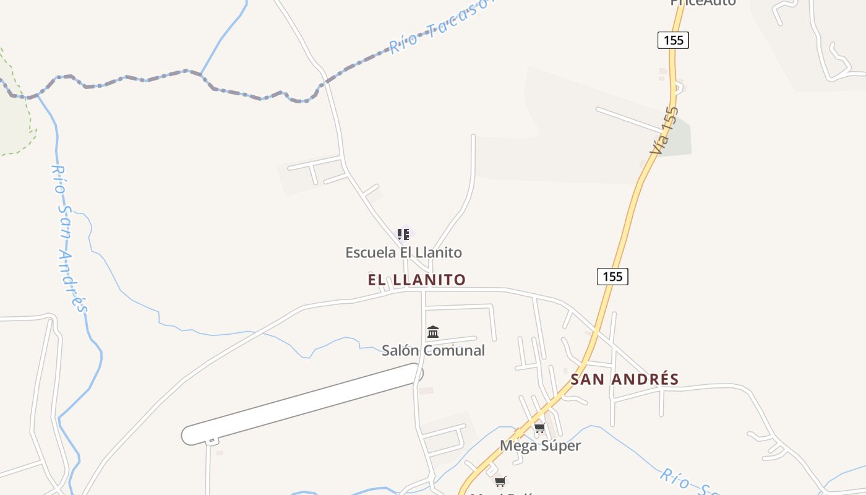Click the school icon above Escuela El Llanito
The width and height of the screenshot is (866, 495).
click(x=403, y=235)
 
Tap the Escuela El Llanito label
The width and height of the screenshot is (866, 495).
click(x=403, y=252)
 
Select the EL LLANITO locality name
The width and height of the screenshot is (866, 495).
click(x=416, y=280)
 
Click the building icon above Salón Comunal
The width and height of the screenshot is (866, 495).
click(x=433, y=332)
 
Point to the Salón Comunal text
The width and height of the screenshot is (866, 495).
click(x=433, y=351)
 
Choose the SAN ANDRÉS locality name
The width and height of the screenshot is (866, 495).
click(x=624, y=379)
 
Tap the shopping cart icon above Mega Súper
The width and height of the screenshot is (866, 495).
click(x=539, y=428)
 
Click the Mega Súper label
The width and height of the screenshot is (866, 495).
click(x=540, y=445)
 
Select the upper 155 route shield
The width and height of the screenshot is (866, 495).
click(x=673, y=40)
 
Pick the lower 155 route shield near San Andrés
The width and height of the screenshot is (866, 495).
click(x=612, y=277)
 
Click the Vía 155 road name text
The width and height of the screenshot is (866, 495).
click(x=664, y=131)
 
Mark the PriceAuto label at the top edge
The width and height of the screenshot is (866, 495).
click(x=703, y=2)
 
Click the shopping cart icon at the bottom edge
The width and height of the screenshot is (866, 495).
click(x=500, y=481)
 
